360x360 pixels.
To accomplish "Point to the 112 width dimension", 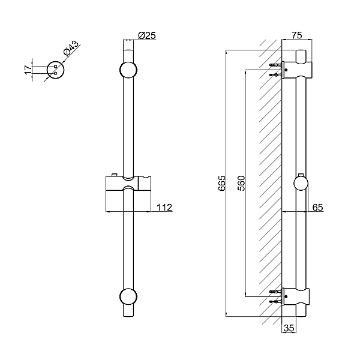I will pyautogui.click(x=164, y=208).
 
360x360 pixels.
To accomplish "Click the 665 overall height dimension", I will pyautogui.click(x=221, y=183).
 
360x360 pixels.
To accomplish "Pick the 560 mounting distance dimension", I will pyautogui.click(x=241, y=183).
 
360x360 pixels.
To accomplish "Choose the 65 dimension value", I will pyautogui.click(x=317, y=208).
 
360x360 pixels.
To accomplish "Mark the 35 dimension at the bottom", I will pyautogui.click(x=289, y=328).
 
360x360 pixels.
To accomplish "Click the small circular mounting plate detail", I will pyautogui.click(x=55, y=70).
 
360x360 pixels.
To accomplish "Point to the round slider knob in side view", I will pyautogui.click(x=302, y=183).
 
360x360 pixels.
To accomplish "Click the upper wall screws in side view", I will pyautogui.click(x=276, y=70).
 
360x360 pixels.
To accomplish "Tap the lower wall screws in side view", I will pyautogui.click(x=276, y=296).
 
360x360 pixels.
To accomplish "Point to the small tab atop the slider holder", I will pyautogui.click(x=112, y=175).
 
